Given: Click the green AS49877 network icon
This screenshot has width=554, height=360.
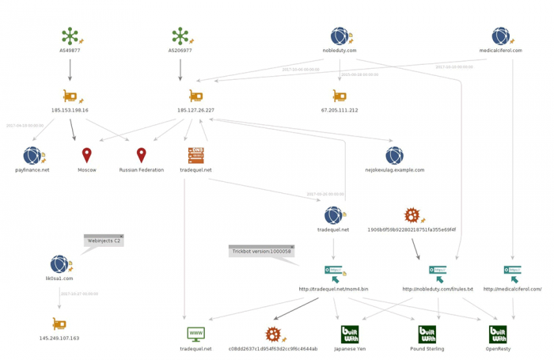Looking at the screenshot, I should (x=70, y=36).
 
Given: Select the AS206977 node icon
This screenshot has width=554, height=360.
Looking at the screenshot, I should (x=180, y=36).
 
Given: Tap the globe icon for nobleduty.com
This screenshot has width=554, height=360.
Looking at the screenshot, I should (x=340, y=36).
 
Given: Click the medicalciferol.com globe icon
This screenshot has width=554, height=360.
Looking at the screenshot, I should (x=500, y=36).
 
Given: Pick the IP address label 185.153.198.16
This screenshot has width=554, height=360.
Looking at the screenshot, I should (x=70, y=111).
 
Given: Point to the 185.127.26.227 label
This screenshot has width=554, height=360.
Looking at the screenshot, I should (x=195, y=111).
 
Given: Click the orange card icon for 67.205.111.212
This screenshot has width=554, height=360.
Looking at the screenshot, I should (x=340, y=96).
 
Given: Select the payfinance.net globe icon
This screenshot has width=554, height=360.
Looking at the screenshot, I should (x=32, y=155).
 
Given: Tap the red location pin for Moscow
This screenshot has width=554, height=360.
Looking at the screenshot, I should (x=87, y=155).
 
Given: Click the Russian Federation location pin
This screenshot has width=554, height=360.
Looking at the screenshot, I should (x=142, y=155).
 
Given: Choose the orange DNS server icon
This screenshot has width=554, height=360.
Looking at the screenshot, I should (x=195, y=155).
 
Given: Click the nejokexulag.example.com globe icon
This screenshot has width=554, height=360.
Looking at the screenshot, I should (x=394, y=155).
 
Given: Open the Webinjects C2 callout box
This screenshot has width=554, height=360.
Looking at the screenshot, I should (x=104, y=240).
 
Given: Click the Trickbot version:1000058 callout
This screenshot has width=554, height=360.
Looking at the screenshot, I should (x=262, y=251).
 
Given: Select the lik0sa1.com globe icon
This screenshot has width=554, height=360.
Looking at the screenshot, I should (x=59, y=264).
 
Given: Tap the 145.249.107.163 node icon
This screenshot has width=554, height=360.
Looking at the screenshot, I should (x=59, y=324).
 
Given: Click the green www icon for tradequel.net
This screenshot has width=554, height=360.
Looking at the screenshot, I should (x=195, y=334).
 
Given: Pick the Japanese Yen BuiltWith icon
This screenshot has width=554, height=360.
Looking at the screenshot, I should (x=350, y=334).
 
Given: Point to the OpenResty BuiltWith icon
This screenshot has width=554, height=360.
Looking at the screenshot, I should (x=498, y=334).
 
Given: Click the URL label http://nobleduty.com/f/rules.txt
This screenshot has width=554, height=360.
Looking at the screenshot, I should (x=438, y=290).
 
